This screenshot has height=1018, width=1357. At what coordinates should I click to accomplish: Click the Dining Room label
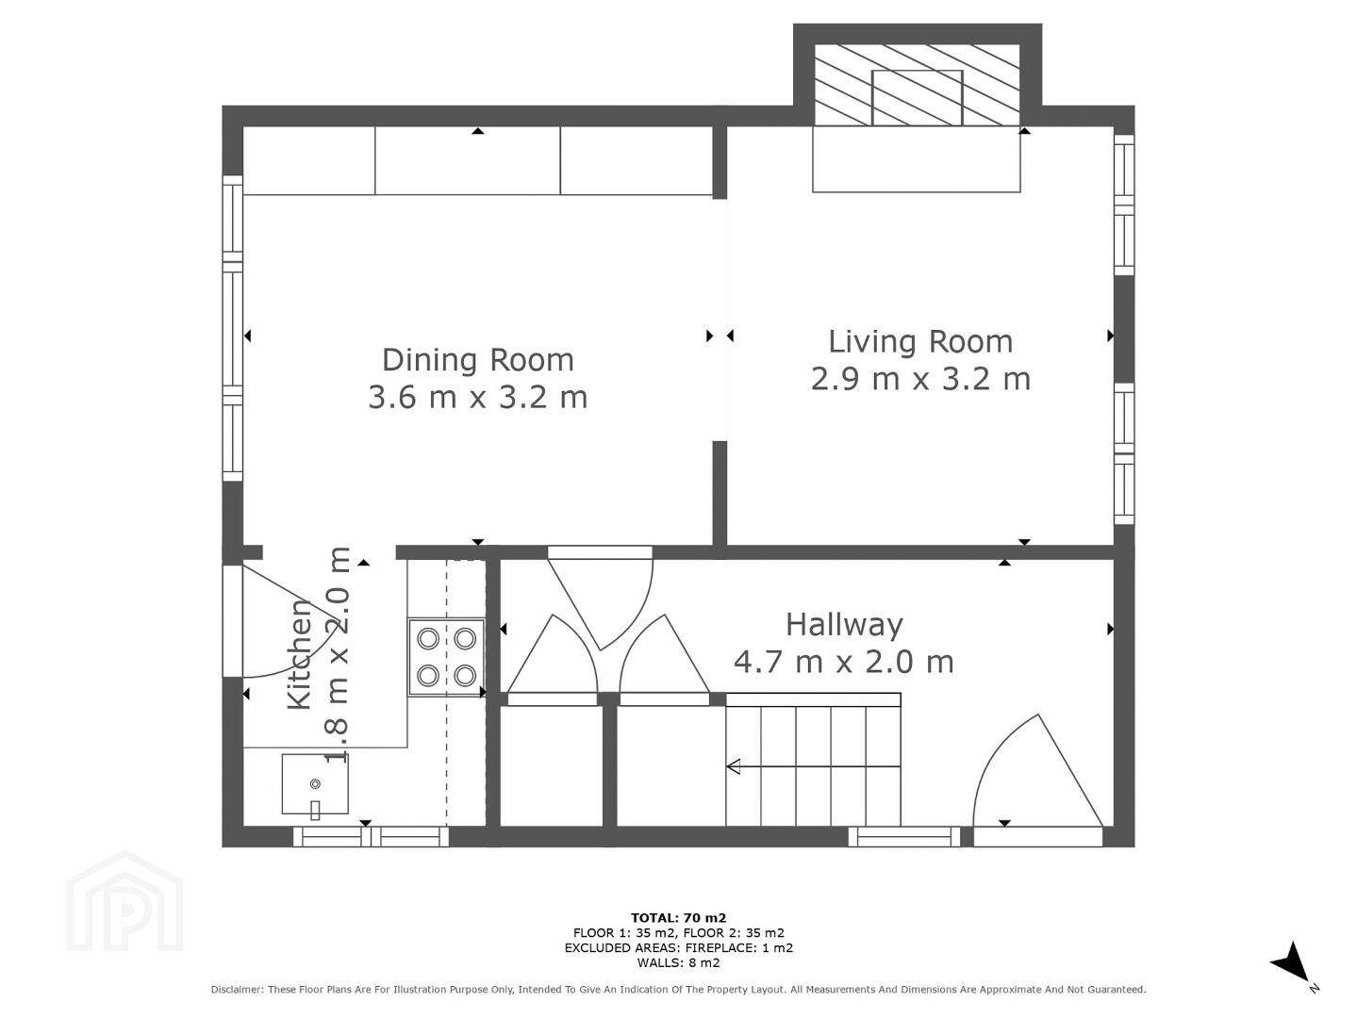478,359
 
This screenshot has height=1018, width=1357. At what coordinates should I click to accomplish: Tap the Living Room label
920,341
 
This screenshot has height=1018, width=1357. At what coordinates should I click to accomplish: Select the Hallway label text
844,625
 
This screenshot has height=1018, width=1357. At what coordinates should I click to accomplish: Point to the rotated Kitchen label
300,654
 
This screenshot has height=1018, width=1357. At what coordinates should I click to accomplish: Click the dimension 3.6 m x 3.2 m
478,397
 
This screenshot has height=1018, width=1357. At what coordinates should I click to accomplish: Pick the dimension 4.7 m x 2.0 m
844,662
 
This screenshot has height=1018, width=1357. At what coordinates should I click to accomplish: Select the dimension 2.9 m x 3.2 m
920,379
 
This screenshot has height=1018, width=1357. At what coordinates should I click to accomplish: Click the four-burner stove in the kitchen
446,657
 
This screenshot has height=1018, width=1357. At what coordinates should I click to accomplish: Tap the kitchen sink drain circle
315,784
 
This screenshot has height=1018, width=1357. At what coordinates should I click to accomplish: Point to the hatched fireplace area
917,85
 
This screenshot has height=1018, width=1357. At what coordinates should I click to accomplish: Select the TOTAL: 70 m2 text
678,918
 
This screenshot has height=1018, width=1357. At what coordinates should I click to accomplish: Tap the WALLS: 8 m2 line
678,962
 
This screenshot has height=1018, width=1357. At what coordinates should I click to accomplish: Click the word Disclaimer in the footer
237,990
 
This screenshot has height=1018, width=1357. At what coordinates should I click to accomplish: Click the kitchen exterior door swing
275,621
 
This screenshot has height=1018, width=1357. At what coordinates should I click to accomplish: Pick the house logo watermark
124,901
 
